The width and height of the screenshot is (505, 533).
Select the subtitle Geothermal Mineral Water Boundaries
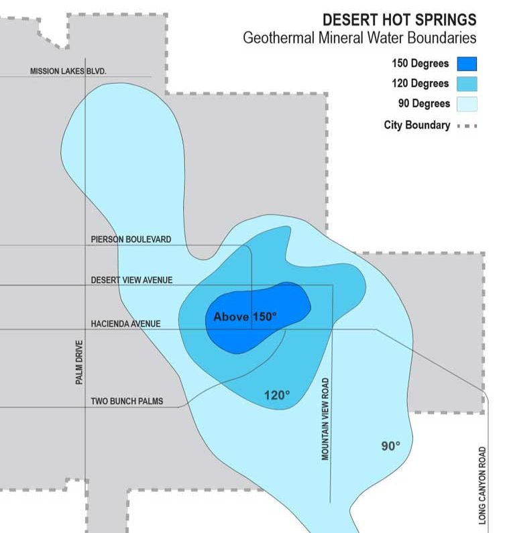point(359,38)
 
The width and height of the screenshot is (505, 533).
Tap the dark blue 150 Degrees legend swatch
point(467,64)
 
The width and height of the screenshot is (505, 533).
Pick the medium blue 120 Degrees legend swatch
point(467,84)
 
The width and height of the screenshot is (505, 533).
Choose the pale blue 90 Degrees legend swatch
point(467,104)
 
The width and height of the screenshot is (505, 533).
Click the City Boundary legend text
point(416,125)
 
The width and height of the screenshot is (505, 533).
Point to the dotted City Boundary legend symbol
point(467,125)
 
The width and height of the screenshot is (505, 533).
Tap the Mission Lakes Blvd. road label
point(68,71)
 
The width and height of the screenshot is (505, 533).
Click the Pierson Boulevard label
point(131,239)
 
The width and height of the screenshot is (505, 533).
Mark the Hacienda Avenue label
point(125,324)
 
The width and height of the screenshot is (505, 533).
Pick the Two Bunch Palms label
point(127,402)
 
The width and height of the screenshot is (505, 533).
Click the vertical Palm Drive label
point(79,363)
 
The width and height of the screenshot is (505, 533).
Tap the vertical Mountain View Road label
point(325,419)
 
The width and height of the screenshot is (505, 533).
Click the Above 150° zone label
point(245,316)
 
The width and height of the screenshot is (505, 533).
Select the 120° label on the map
point(276,396)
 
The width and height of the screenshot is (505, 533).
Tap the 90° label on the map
point(390,445)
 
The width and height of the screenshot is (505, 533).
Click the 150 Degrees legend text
point(420,64)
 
